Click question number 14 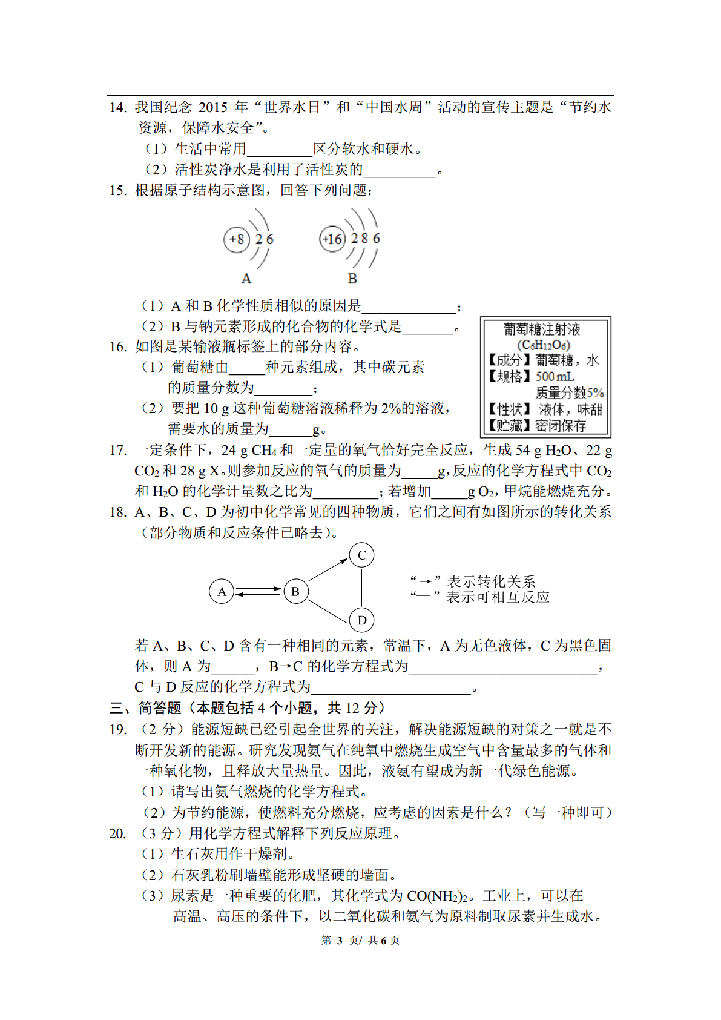(117, 108)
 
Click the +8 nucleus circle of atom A (237, 239)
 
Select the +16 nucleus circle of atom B (332, 239)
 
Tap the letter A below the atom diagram (246, 279)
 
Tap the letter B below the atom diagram (352, 279)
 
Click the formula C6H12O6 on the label (544, 345)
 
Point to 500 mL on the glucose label (555, 376)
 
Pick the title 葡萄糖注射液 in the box (542, 330)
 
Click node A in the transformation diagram (222, 591)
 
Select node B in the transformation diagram (295, 591)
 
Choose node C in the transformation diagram (362, 555)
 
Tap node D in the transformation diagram (362, 620)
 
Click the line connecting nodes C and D (362, 588)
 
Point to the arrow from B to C (328, 570)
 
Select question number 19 (117, 729)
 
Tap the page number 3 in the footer (340, 941)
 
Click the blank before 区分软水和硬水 (280, 150)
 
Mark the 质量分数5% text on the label (570, 392)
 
